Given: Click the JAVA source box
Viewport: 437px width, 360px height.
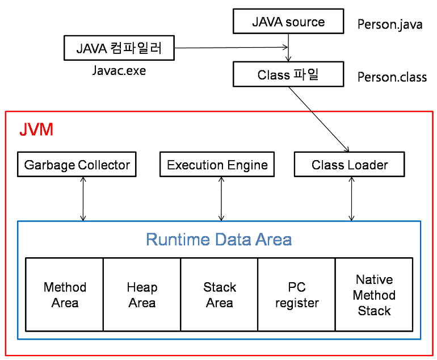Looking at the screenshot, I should click(288, 22).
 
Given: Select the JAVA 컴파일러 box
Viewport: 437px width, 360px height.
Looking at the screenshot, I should click(119, 48).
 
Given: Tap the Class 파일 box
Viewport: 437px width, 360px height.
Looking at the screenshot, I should click(288, 74).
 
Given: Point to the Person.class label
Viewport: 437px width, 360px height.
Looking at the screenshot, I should click(392, 77).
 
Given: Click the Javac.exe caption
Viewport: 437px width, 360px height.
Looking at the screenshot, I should click(119, 71).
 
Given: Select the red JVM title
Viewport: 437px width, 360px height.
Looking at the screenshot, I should click(36, 129).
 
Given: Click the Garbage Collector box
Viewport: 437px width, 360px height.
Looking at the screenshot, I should click(77, 165).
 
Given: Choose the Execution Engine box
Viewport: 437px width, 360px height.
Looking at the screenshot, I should click(217, 165).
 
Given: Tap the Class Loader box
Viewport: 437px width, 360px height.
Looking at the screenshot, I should click(350, 165).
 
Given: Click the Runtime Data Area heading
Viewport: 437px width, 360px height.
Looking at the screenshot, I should click(218, 239).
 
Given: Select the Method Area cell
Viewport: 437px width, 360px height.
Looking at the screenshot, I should click(65, 295).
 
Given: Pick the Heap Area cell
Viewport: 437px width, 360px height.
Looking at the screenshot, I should click(142, 295).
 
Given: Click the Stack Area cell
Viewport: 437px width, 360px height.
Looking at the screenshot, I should click(219, 295).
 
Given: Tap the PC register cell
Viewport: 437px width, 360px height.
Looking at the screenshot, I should click(296, 295).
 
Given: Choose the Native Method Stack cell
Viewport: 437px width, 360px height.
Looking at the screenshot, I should click(374, 295).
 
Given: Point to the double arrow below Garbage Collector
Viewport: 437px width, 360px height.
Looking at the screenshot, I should click(83, 198).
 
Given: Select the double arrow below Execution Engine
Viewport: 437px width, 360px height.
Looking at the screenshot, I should click(221, 198).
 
